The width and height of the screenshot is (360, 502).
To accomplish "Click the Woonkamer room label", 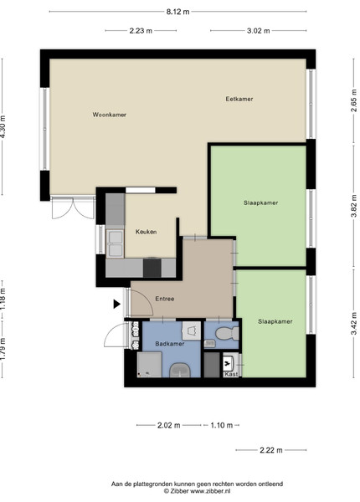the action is [x=109, y=115].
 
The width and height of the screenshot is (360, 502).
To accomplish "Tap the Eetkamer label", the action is [x=239, y=99].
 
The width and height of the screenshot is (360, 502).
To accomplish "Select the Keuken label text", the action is [x=146, y=232].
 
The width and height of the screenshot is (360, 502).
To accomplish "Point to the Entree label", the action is [x=165, y=299].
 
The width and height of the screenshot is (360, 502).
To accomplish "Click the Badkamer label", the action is [x=170, y=344].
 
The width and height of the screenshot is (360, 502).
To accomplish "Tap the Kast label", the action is [x=231, y=374].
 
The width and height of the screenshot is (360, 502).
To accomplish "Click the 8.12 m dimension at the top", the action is [x=177, y=12].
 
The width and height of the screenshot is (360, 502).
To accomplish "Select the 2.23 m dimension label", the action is [x=141, y=31].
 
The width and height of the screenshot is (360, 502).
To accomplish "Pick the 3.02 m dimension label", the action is [x=259, y=31].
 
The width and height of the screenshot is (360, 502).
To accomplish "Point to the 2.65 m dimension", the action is [x=354, y=100].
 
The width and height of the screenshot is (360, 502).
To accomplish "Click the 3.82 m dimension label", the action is [x=354, y=206].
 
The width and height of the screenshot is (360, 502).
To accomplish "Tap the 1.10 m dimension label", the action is [x=222, y=426].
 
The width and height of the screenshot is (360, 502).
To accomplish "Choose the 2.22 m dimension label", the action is [x=271, y=450].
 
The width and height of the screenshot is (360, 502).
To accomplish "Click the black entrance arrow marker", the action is [x=116, y=304].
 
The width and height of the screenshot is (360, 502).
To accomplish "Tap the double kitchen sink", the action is [x=115, y=243].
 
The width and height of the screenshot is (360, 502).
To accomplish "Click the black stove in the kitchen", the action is [x=152, y=268].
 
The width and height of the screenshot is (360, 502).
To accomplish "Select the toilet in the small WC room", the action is [x=227, y=334].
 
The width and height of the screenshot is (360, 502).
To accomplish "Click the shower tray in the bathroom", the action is [x=149, y=364].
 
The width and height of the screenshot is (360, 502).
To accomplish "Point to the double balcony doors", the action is [x=73, y=208].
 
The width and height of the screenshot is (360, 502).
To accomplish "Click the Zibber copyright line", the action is [x=197, y=491].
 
